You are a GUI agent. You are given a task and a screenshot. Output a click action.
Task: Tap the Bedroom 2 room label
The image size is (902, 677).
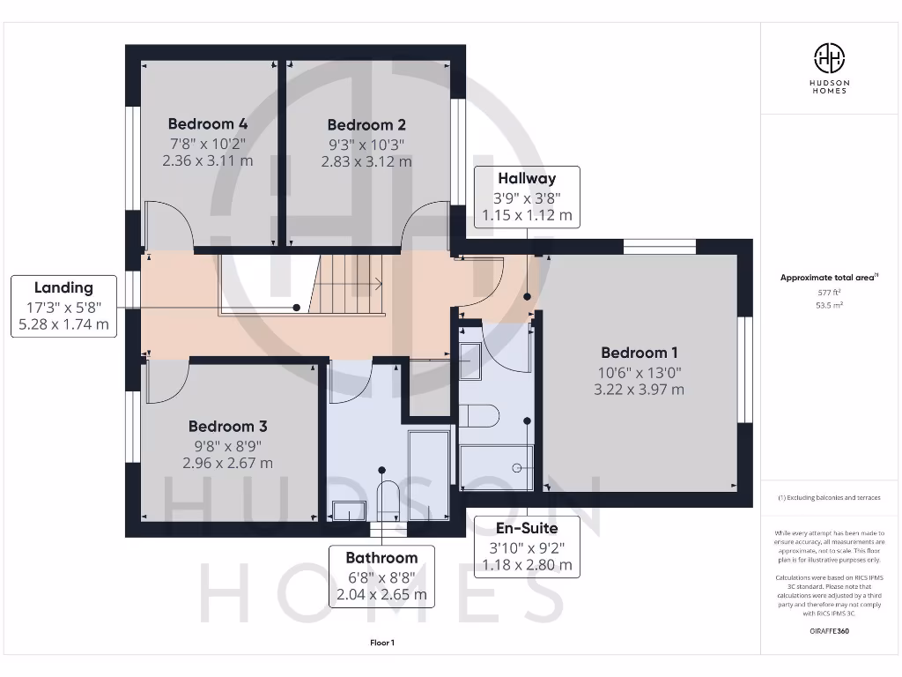click(x=366, y=125)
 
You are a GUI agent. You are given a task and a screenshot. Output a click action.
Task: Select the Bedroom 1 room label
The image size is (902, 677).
click(x=640, y=353)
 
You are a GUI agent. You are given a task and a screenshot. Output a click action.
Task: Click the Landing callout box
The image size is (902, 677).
click(x=63, y=306)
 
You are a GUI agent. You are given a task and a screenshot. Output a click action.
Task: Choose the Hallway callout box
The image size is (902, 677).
click(x=527, y=197)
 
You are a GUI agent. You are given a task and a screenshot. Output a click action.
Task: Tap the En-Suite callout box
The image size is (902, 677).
click(x=527, y=547)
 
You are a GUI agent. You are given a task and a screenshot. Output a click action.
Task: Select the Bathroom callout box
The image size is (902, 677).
click(x=381, y=576)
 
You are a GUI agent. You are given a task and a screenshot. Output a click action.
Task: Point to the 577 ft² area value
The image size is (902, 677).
click(x=829, y=292)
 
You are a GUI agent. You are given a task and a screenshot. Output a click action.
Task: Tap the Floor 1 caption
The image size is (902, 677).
click(x=381, y=643)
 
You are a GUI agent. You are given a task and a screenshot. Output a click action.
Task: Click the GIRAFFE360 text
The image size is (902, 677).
click(x=829, y=631)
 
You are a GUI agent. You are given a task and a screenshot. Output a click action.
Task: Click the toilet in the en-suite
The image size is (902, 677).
click(x=480, y=415)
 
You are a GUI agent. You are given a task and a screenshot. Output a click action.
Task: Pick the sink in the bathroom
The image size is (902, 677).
click(x=349, y=510)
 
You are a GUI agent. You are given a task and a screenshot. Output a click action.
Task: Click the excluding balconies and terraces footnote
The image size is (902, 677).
click(x=829, y=498)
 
